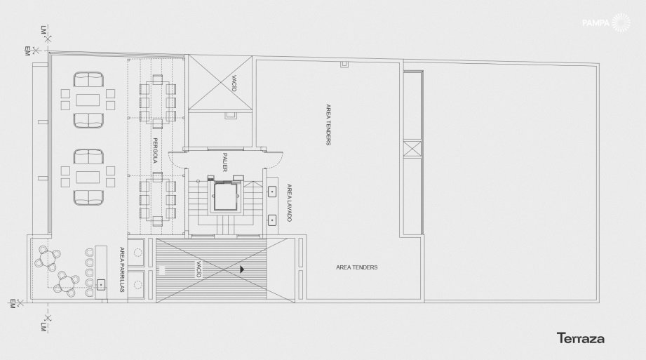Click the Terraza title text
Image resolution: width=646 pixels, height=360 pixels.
pyautogui.click(x=581, y=338)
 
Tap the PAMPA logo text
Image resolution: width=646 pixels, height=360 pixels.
pyautogui.click(x=595, y=23)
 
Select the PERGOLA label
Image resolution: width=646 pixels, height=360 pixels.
pyautogui.click(x=155, y=150)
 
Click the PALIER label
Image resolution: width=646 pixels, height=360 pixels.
pyautogui.click(x=225, y=162)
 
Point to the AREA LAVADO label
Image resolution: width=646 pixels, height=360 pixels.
pyautogui.click(x=289, y=203)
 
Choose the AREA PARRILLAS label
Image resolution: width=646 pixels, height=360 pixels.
pyautogui.click(x=122, y=269)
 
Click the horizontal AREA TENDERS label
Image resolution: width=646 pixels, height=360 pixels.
pyautogui.click(x=357, y=267)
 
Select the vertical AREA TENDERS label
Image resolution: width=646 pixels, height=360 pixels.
pyautogui.click(x=328, y=124)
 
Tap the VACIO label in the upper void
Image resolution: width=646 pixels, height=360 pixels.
pyautogui.click(x=234, y=84)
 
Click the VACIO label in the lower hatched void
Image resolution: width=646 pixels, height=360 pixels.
pyautogui.click(x=198, y=269)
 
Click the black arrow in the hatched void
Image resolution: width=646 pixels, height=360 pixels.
pyautogui.click(x=242, y=269)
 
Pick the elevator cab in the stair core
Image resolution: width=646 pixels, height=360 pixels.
pyautogui.click(x=225, y=196)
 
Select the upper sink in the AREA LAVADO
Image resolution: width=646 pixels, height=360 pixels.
pyautogui.click(x=272, y=192)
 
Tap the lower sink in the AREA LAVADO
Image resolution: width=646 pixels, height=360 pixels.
pyautogui.click(x=272, y=220)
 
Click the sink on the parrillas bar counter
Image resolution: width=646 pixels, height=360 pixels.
pyautogui.click(x=101, y=284)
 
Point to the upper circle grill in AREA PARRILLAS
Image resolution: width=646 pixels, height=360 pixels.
pyautogui.click(x=138, y=252)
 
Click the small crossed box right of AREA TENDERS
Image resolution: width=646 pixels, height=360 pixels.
pyautogui.click(x=412, y=149)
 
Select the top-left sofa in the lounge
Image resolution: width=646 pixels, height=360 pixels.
pyautogui.click(x=88, y=79)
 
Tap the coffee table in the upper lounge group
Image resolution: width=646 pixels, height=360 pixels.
pyautogui.click(x=88, y=100)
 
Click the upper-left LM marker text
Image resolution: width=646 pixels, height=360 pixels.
pyautogui.click(x=43, y=29)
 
